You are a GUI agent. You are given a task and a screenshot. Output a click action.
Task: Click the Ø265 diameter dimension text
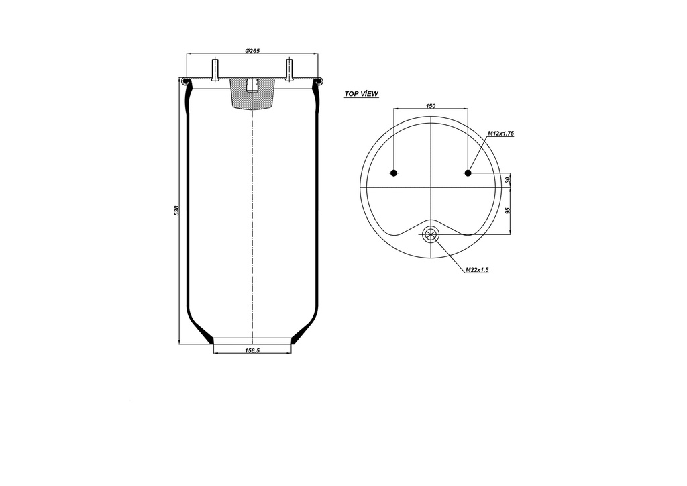tap(253, 51)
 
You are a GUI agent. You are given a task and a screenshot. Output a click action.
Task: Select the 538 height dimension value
tap(177, 211)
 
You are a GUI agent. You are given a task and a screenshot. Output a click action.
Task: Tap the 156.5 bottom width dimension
tap(253, 351)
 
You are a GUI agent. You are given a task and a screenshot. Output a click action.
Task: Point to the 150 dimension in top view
tap(431, 106)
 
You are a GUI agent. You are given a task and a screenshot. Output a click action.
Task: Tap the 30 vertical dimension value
tap(509, 180)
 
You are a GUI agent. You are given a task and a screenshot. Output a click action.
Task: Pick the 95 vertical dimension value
tap(509, 210)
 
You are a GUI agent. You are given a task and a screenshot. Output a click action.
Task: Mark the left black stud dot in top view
tap(394, 173)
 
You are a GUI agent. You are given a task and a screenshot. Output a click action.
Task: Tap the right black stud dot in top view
tap(468, 173)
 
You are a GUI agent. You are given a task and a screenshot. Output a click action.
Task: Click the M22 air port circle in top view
tap(430, 234)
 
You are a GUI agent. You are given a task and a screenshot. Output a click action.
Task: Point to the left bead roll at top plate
tap(185, 82)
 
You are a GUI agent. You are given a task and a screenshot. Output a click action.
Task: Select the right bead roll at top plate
tap(320, 82)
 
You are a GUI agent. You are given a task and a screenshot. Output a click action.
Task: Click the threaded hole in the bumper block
tap(252, 86)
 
